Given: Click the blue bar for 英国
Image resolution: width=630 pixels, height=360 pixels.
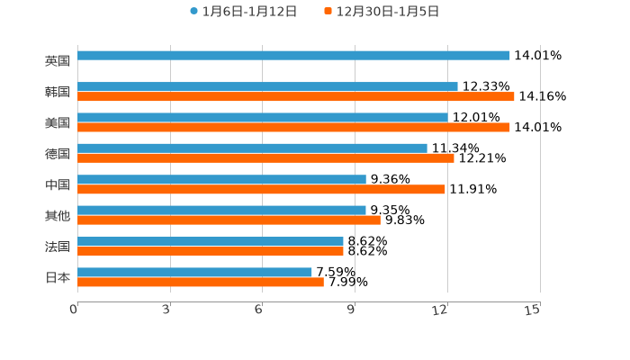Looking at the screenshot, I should click(293, 56).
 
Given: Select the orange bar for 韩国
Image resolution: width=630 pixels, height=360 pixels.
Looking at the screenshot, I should click(296, 96).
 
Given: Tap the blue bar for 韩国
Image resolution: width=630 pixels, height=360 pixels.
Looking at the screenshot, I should click(267, 86).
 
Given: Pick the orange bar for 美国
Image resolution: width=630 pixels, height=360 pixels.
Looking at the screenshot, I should click(293, 127).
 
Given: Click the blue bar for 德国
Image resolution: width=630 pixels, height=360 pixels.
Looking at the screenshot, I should click(252, 148).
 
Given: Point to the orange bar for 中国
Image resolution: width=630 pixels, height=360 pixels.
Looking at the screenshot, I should click(261, 189).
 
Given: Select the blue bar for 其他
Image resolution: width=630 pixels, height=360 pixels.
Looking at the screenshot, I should click(221, 210).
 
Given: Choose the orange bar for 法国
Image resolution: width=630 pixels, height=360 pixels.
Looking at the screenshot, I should click(211, 251).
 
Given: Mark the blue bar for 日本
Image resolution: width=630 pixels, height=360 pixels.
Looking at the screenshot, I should click(194, 272).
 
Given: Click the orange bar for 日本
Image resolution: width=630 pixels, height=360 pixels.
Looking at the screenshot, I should click(201, 282).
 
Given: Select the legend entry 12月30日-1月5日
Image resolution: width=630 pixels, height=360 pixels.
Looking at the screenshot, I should click(387, 12).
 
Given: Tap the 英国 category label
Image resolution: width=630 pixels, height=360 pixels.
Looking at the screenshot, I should click(58, 61).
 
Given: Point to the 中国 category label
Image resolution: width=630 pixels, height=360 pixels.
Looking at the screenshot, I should click(58, 184).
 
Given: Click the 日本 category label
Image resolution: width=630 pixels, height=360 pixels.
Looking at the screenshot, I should click(58, 277).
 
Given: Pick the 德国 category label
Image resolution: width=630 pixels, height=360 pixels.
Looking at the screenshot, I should click(58, 154).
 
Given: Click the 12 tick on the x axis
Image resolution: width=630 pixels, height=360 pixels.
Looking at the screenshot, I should click(441, 310).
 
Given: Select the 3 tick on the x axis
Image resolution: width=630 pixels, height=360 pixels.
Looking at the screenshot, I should click(167, 310).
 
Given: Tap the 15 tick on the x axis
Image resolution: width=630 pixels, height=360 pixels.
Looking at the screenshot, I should click(533, 310).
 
